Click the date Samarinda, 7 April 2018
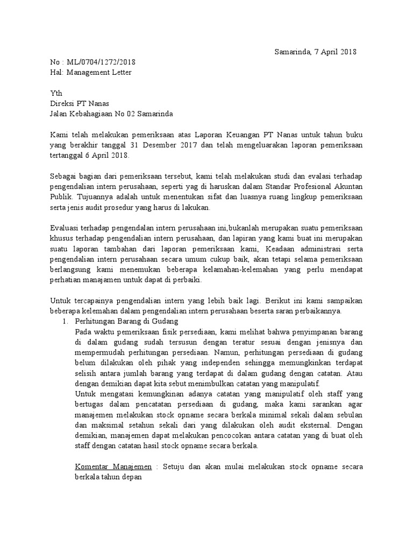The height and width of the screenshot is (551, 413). [315, 52]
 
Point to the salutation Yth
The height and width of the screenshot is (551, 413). [56, 93]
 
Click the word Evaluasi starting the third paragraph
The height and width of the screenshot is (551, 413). [65, 228]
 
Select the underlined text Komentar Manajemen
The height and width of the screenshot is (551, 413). [113, 467]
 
